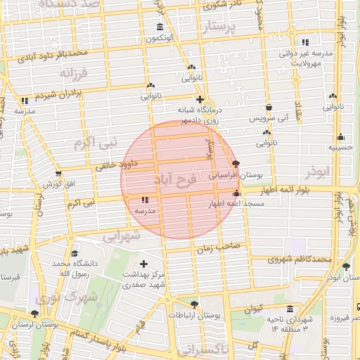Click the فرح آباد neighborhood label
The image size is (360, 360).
coord(175,178)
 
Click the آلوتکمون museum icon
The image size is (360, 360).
coord(161,28)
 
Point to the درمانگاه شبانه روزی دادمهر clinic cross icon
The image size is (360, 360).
coord(200,99)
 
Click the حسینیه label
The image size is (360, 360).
coord(340,148)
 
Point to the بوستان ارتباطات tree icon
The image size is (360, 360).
coord(194,304)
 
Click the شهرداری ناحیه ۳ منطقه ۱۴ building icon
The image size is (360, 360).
coord(290,309)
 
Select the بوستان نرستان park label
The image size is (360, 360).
coord(59,325)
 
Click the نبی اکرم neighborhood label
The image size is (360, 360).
coord(91,143)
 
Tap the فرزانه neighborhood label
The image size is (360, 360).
coord(73,73)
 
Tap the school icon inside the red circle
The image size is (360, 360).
coord(144,200)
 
